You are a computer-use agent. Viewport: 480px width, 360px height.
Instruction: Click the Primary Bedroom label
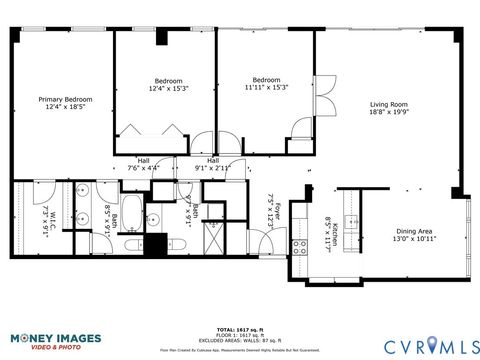coord(65,104)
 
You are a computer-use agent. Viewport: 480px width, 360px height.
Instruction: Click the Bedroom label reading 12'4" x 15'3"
coord(168,85)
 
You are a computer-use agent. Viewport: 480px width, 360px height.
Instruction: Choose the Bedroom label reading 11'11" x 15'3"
coord(265,85)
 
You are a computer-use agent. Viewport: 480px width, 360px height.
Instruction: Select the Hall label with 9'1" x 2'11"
coord(212,164)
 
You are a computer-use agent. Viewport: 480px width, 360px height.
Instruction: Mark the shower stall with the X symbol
coord(215,237)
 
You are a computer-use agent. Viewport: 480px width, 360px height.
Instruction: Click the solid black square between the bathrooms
coord(154,244)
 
